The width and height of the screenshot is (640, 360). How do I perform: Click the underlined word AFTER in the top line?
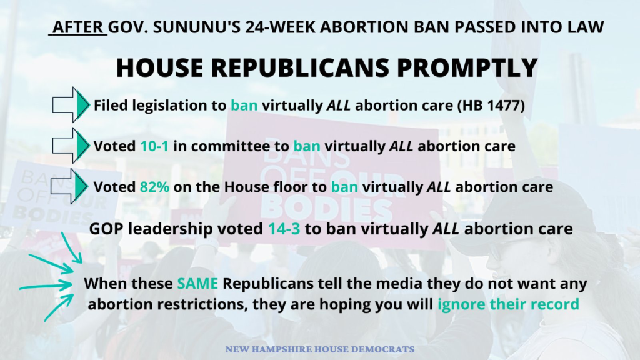(78, 27)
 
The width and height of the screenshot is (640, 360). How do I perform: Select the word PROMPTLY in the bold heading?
(467, 67)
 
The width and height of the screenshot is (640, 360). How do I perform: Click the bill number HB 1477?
(491, 105)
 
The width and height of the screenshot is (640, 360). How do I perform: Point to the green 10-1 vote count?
(154, 146)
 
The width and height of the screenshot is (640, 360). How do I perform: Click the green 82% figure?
(155, 187)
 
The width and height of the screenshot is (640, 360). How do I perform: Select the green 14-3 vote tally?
(284, 229)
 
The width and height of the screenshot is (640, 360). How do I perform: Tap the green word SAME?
(197, 284)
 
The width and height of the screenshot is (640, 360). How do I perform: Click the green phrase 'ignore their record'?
(508, 304)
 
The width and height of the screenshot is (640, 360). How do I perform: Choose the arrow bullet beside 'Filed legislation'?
(71, 105)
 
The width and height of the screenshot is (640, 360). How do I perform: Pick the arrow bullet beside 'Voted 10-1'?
(71, 146)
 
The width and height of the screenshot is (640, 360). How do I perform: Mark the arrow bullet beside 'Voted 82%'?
(69, 186)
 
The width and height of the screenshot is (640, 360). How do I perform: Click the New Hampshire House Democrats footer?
(320, 349)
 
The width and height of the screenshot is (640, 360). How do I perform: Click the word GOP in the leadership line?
(106, 229)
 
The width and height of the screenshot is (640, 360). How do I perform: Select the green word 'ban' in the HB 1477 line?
(244, 105)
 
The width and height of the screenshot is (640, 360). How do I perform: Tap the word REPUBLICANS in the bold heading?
(300, 67)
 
